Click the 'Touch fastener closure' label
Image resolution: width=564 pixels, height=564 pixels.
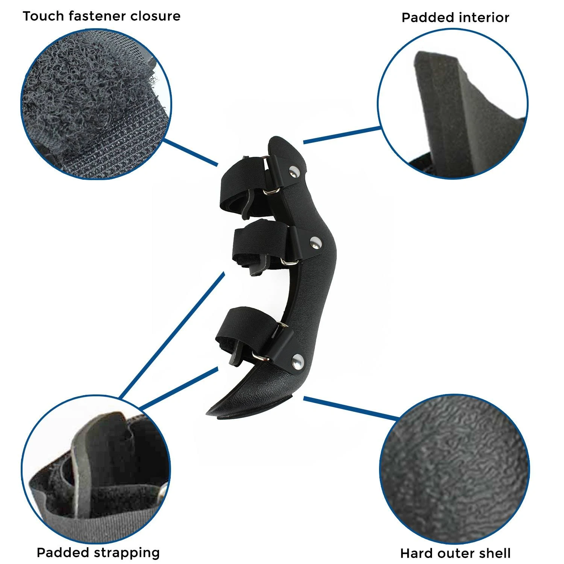pyautogui.click(x=102, y=16)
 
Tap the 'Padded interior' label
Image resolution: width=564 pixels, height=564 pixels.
pyautogui.click(x=455, y=18)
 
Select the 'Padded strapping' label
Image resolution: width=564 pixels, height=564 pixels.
pyautogui.click(x=98, y=553)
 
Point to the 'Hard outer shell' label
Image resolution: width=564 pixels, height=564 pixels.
pyautogui.click(x=455, y=553)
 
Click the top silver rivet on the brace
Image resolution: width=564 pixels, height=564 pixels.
pyautogui.click(x=294, y=172)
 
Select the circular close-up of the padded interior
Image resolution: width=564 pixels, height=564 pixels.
pyautogui.click(x=453, y=104)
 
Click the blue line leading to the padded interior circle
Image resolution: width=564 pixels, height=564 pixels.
pyautogui.click(x=342, y=135)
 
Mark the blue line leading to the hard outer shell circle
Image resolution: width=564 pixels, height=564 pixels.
pyautogui.click(x=352, y=408)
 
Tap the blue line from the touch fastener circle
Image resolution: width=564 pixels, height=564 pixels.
pyautogui.click(x=191, y=152)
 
